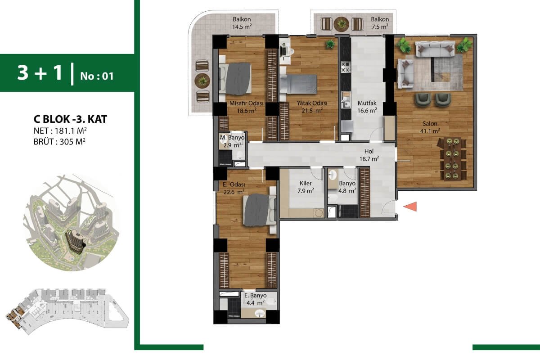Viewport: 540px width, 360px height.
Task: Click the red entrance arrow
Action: click(410, 207)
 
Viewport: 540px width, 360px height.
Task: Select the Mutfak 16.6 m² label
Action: click(367, 107)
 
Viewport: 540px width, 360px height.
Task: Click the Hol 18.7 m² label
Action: click(369, 155)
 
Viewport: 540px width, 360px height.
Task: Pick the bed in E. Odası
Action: click(260, 211)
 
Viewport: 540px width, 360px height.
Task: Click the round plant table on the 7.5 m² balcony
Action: click(342, 24)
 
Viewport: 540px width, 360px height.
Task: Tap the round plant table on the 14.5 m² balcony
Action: click(202, 81)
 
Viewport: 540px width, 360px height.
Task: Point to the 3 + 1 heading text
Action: click(40, 72)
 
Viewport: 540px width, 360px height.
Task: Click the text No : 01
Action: click(97, 76)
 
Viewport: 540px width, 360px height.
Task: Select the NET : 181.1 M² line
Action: click(60, 131)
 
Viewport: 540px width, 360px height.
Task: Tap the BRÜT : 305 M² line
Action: click(59, 142)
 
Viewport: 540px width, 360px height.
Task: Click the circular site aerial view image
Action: click(72, 223)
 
